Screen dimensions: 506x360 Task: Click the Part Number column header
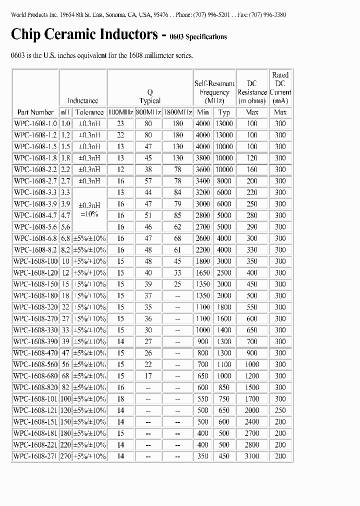tap(35, 112)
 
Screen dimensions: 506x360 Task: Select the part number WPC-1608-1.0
tap(35, 123)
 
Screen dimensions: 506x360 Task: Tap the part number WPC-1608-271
tap(35, 456)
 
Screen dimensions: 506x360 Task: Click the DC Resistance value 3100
tap(252, 456)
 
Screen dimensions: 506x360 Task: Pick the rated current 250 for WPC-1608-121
tap(280, 410)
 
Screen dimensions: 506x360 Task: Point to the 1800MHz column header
tap(177, 112)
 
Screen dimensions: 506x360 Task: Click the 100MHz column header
tap(120, 112)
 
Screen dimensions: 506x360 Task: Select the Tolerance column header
tap(89, 112)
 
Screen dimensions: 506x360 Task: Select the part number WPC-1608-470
tap(35, 352)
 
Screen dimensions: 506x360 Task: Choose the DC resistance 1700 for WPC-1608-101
tap(252, 398)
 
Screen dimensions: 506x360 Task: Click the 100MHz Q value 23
tap(120, 123)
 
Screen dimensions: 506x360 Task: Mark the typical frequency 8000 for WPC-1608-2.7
tap(224, 181)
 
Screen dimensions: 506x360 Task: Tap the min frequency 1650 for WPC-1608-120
tap(202, 272)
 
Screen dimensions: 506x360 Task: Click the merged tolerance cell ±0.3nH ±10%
tap(89, 209)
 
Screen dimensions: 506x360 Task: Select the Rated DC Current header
tap(280, 87)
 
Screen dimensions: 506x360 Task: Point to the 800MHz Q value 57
tap(148, 181)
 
